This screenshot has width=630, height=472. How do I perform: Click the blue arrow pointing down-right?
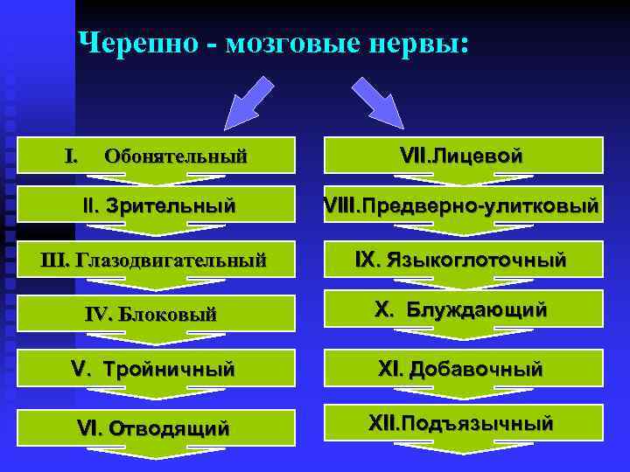tap(376, 101)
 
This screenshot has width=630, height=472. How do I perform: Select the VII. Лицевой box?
tap(462, 155)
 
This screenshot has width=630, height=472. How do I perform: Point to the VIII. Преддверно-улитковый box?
tap(462, 206)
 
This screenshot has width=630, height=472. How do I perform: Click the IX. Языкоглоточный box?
tap(462, 260)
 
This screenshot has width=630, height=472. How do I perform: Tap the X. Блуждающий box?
tap(462, 309)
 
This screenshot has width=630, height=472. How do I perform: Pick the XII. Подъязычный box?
tap(462, 424)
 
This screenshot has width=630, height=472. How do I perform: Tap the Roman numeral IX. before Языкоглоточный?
tap(367, 260)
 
